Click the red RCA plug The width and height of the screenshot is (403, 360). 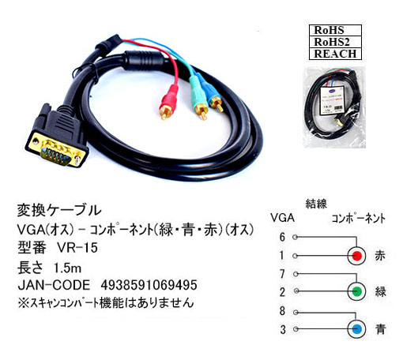pos(168,102)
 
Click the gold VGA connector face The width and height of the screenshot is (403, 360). pos(56,149)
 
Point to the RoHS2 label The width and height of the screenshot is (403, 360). pos(332,42)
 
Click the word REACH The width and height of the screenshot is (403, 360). pos(335,54)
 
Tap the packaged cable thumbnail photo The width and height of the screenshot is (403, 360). pos(334,107)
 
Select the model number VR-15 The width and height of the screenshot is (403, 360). pos(77,248)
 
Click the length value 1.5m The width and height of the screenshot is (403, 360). pos(67,268)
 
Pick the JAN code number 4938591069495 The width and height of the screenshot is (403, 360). pos(149,285)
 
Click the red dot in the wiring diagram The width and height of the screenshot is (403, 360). pos(356,256)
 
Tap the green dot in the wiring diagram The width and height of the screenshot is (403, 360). pos(356,291)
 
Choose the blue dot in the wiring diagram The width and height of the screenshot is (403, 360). pos(356,329)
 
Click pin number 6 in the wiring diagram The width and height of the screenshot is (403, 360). pos(282,237)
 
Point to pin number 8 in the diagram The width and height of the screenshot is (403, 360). pos(282,311)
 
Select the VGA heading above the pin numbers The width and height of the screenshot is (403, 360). pos(282,218)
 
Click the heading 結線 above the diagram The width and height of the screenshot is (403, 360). pos(316,204)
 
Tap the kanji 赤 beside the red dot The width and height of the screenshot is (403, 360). pos(380,256)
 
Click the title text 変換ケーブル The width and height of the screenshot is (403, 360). pos(59,211)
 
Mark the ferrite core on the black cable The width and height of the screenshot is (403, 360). pos(145,61)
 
